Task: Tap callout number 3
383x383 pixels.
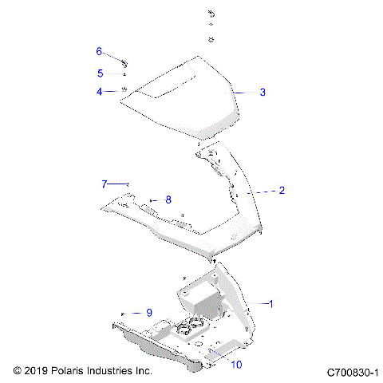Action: (263, 93)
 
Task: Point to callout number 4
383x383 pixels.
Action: (100, 92)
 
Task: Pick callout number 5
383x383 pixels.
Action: (100, 73)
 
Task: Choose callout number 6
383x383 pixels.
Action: (100, 51)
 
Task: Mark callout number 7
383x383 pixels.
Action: (104, 184)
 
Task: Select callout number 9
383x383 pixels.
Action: (148, 313)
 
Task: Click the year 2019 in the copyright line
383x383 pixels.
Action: (38, 371)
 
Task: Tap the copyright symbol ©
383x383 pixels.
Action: (18, 371)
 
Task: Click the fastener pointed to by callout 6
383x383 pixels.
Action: (126, 61)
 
